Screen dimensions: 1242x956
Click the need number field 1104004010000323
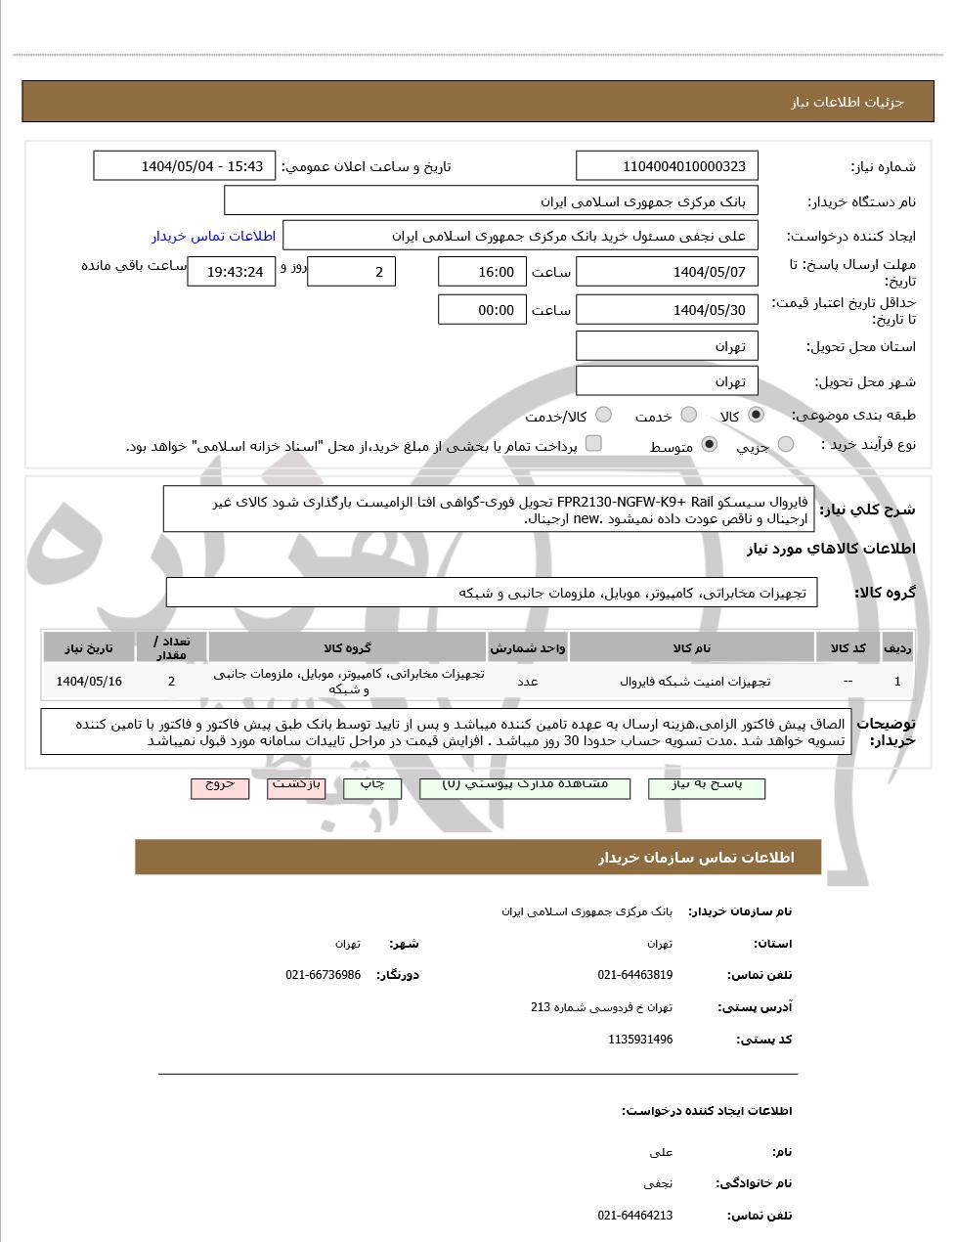point(668,166)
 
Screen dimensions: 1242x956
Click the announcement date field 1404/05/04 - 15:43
point(185,166)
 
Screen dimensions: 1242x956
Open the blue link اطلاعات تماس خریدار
point(214,236)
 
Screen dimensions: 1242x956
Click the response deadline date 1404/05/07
point(668,272)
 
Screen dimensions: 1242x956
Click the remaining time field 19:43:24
point(232,272)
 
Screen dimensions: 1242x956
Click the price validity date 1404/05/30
point(668,310)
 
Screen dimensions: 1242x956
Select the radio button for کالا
point(756,415)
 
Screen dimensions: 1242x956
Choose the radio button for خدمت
point(688,415)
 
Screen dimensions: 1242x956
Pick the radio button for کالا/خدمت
point(603,415)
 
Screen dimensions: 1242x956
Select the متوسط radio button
point(710,445)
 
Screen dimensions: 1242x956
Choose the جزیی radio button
point(785,445)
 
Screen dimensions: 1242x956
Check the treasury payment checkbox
point(593,444)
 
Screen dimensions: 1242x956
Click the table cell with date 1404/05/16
point(89,682)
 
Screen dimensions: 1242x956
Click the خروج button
point(220,786)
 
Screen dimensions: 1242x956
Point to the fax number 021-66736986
point(324,975)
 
